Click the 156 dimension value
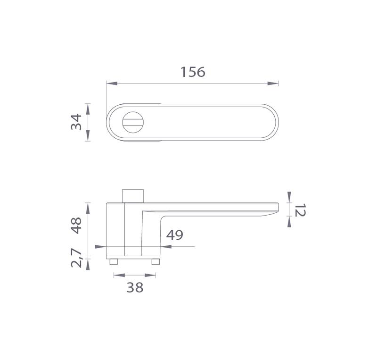coord(193,72)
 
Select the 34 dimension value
coord(76,122)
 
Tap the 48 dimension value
coord(76,226)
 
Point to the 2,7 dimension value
coord(77,258)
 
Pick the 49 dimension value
coord(175,235)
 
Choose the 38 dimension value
coord(135,287)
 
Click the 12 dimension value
coord(300,210)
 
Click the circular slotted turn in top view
coord(133,122)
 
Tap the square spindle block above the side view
coord(133,196)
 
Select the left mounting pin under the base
coord(114,261)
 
